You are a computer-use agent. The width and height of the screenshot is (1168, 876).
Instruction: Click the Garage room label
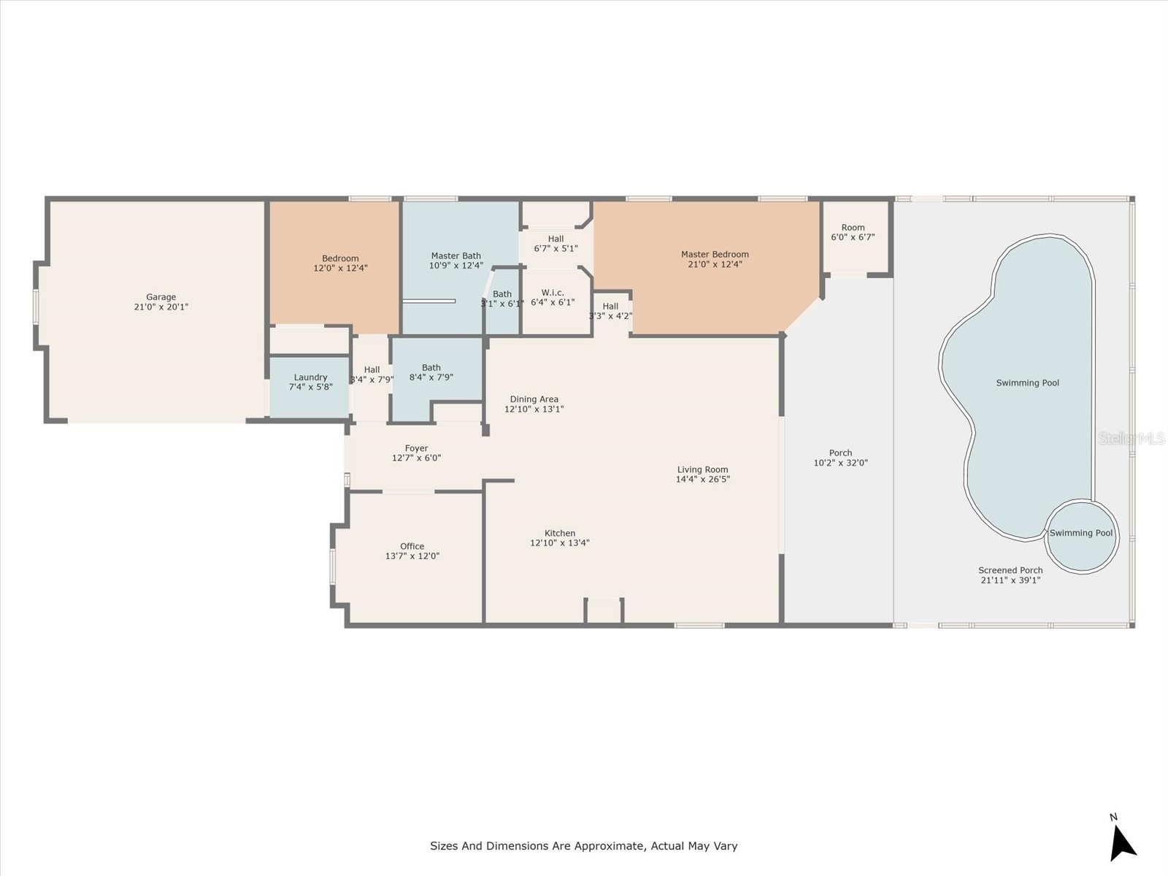(161, 297)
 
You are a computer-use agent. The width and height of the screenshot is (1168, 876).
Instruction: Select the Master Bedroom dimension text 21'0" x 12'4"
(715, 264)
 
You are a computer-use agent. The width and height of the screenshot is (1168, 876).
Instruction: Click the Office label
(412, 546)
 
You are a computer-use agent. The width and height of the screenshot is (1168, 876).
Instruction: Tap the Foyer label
(416, 448)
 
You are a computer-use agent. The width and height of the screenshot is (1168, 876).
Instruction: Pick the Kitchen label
(560, 533)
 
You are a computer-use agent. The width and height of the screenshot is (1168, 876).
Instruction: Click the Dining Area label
(534, 399)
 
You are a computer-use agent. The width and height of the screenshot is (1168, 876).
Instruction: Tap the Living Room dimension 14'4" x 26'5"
(702, 480)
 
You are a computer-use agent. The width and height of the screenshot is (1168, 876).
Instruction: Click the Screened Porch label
(1010, 570)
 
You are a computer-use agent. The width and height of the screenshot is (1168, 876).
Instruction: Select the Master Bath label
(456, 255)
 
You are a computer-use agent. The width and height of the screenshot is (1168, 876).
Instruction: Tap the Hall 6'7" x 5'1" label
(556, 239)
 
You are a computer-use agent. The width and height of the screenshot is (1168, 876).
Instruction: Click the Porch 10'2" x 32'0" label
(840, 453)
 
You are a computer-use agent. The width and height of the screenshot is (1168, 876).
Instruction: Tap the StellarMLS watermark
(1132, 438)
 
